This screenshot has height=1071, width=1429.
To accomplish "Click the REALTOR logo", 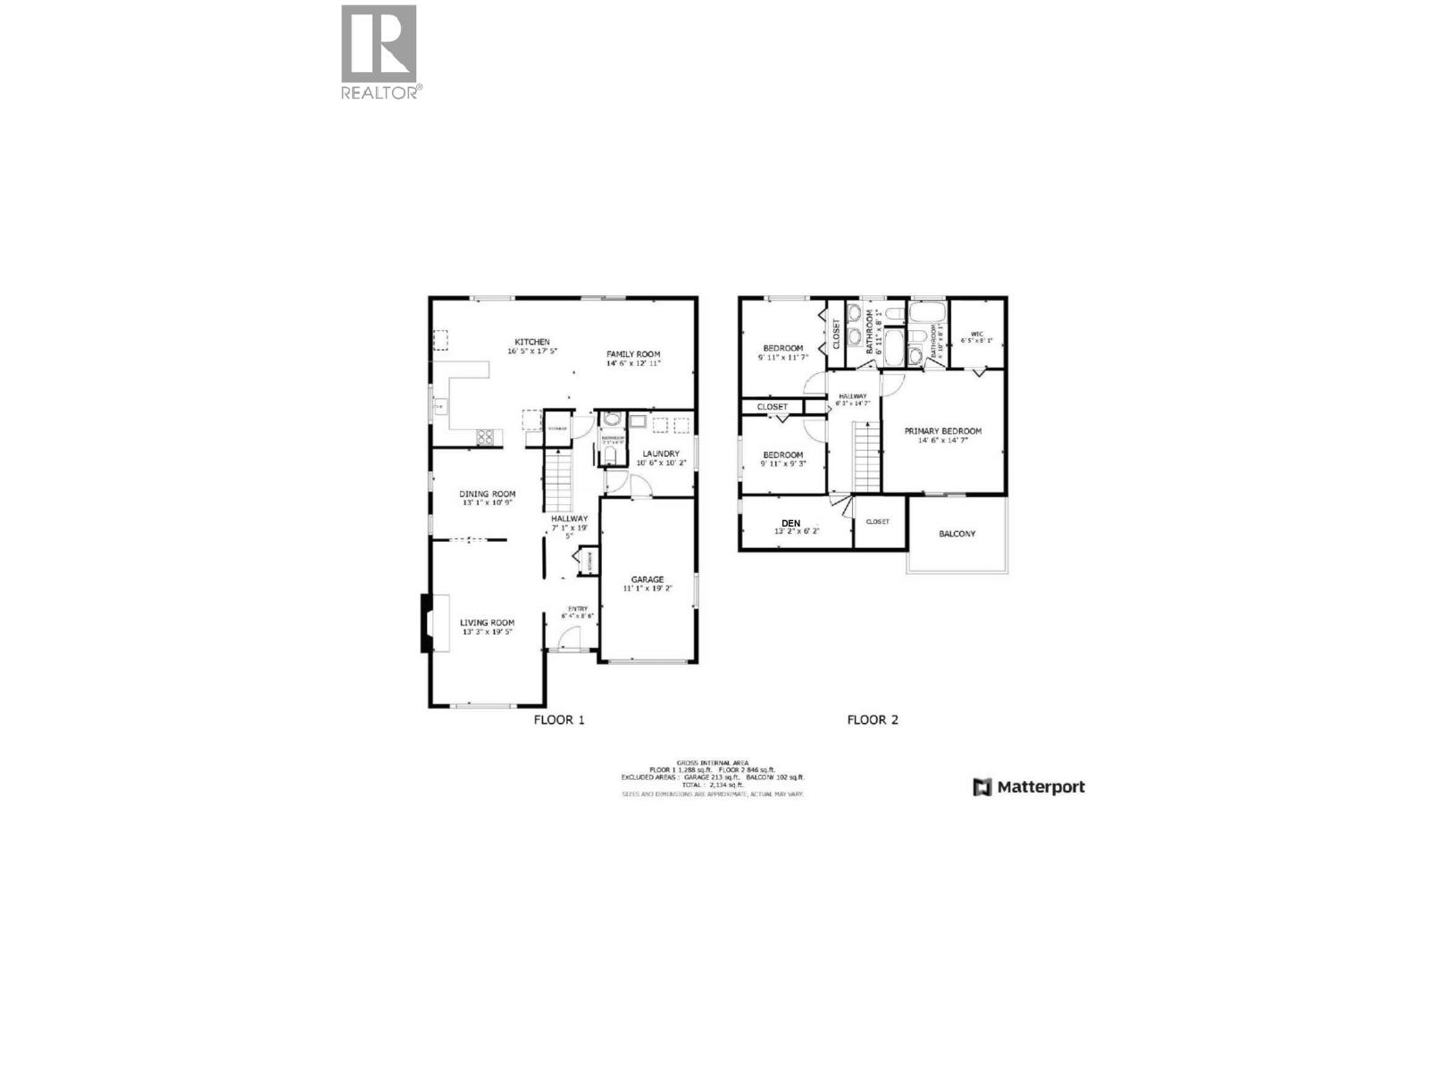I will pos(379,52).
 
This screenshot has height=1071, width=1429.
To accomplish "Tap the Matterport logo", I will pos(1029,787).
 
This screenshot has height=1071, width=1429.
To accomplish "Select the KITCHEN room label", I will pos(531,342).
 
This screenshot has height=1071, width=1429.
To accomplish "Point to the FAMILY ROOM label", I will pos(633,354).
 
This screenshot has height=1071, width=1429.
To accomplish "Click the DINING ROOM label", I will pos(488,494).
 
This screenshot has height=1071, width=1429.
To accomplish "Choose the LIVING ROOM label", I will pos(488,623).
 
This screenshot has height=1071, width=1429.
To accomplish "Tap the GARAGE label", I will pos(648,579).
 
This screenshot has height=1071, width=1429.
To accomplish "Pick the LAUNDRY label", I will pos(661,453).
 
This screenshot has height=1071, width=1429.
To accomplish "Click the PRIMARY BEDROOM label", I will pos(942,431).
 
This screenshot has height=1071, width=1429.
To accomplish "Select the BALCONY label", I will pos(957,534).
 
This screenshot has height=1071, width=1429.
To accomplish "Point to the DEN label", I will pos(790,523).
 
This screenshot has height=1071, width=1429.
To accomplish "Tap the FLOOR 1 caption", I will pos(559,719).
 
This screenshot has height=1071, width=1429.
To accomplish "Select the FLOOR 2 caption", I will pos(872,719).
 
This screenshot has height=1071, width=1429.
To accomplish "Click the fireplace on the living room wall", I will pos(426,623).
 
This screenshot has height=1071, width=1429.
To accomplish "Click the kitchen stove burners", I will pos(487,436).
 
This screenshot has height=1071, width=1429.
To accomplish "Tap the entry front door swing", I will pos(569,639).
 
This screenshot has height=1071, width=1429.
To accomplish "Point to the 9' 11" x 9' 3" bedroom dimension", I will pos(783,464).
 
